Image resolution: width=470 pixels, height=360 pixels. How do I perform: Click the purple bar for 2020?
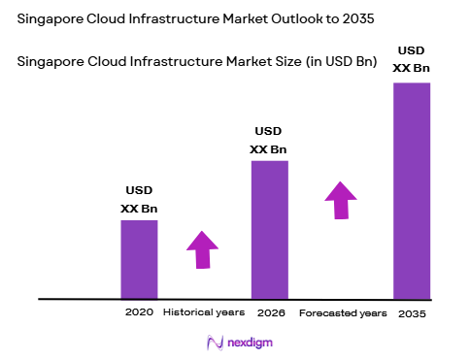click(139, 259)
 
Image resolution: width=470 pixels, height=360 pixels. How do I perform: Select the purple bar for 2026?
click(269, 229)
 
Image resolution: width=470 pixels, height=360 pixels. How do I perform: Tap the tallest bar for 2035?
click(411, 190)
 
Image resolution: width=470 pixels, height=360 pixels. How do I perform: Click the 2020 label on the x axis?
click(139, 313)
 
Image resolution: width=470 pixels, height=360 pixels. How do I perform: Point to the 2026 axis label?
click(270, 313)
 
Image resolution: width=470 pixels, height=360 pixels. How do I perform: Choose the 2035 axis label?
click(412, 313)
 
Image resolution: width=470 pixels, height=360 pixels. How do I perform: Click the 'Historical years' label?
click(204, 313)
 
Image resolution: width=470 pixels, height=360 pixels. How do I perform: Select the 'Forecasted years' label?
click(343, 313)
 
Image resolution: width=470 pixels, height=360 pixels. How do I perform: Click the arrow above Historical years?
click(203, 249)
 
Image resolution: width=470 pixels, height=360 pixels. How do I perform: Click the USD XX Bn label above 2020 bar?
click(139, 199)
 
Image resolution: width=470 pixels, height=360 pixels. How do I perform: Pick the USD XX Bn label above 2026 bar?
click(269, 140)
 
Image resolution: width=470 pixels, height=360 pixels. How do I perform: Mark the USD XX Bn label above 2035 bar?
click(411, 59)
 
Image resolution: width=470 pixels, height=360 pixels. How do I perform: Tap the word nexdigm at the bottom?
click(250, 343)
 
